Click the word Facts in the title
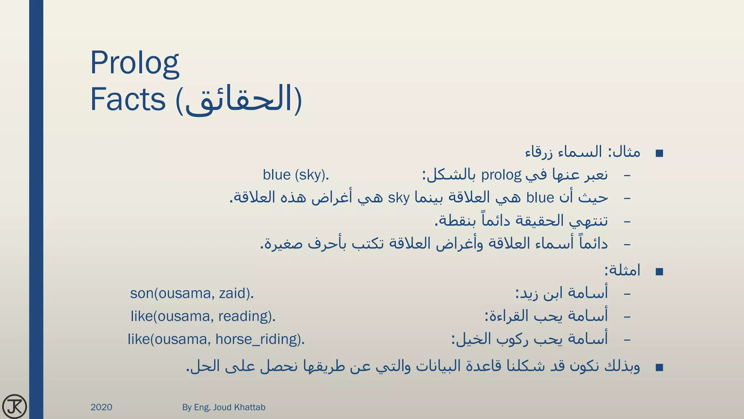(128, 99)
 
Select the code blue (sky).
(296, 175)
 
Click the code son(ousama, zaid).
(192, 293)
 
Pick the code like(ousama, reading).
(203, 316)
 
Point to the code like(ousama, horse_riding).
(216, 339)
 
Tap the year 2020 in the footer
(101, 407)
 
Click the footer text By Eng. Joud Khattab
(224, 407)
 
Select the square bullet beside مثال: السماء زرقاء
(659, 153)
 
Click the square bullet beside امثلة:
(659, 272)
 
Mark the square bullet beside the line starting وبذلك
(659, 367)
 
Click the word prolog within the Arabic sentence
(501, 175)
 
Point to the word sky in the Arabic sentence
(399, 198)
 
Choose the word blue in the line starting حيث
(540, 198)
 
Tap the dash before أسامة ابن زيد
(627, 294)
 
